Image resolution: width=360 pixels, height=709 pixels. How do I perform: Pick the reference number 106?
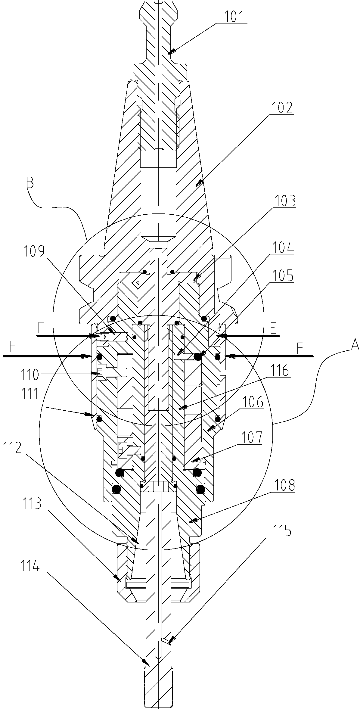pos(252,402)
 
